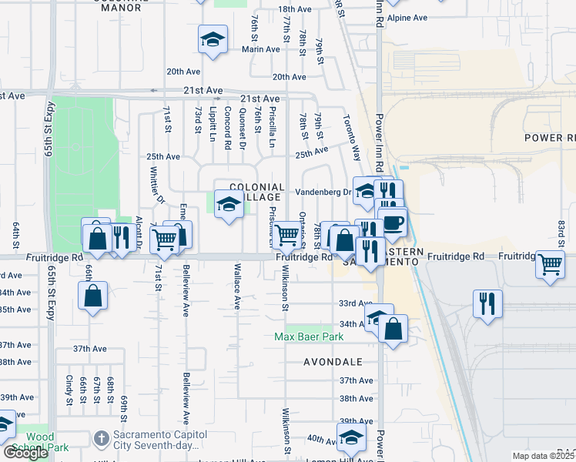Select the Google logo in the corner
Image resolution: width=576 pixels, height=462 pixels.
(26, 453)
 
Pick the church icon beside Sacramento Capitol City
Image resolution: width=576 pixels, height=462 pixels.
(100, 438)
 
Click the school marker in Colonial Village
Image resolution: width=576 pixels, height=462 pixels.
(229, 205)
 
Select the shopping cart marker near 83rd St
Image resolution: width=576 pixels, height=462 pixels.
(551, 264)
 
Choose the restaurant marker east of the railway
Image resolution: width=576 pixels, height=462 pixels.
(487, 303)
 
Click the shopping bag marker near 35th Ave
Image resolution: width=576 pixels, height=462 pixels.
(92, 296)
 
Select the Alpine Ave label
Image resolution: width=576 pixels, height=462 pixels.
(407, 17)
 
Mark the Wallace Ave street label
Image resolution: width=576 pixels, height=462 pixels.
(237, 288)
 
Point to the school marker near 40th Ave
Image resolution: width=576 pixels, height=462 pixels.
(351, 437)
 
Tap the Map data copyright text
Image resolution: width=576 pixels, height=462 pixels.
(543, 456)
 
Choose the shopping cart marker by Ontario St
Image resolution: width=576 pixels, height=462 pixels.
(287, 235)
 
